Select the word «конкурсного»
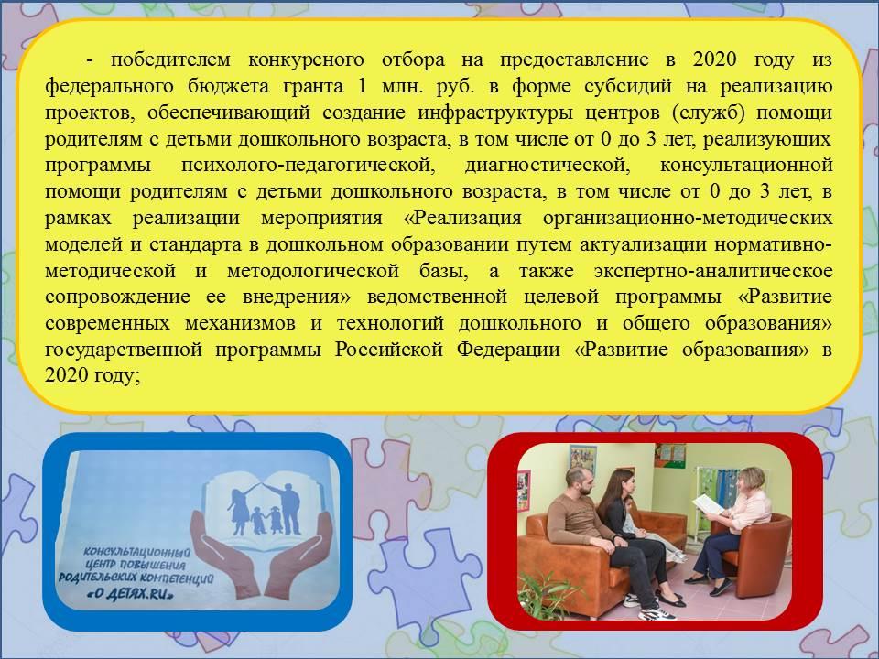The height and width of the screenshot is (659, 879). pyautogui.click(x=306, y=59)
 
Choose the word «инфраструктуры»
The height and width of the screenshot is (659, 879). pyautogui.click(x=495, y=113)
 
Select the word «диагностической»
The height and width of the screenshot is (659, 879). pyautogui.click(x=546, y=166)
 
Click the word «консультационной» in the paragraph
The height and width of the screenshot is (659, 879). pyautogui.click(x=746, y=166)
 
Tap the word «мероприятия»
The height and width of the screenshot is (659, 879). pyautogui.click(x=321, y=218)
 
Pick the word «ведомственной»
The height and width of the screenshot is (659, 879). pyautogui.click(x=438, y=297)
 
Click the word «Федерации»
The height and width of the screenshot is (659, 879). pyautogui.click(x=508, y=350)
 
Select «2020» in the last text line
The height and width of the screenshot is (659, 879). pyautogui.click(x=66, y=375)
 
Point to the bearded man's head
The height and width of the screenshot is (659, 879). pyautogui.click(x=579, y=481)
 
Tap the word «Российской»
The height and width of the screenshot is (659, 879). pyautogui.click(x=390, y=350)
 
